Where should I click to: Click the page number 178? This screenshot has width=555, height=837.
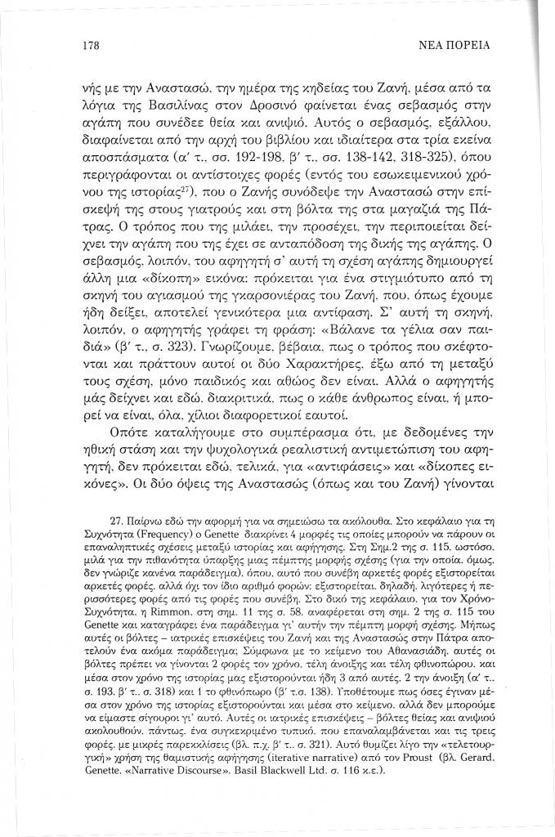pos(91,45)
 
